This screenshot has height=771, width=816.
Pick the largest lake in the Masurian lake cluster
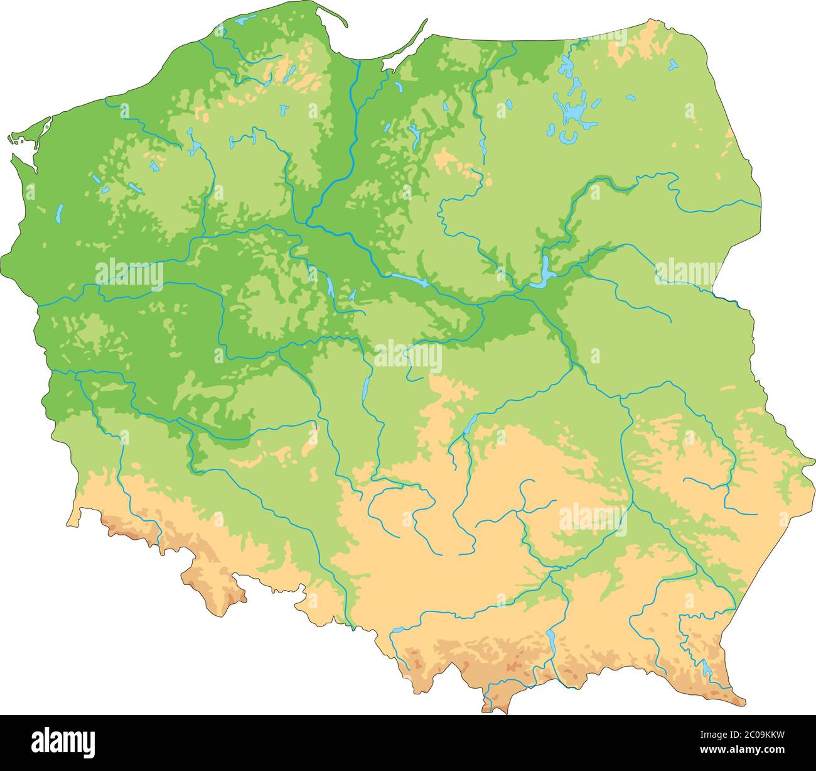[x=574, y=113]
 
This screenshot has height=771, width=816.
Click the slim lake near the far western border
[x=59, y=214]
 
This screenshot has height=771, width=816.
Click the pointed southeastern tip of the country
[x=743, y=701]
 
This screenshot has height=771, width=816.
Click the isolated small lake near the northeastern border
[x=673, y=64]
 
